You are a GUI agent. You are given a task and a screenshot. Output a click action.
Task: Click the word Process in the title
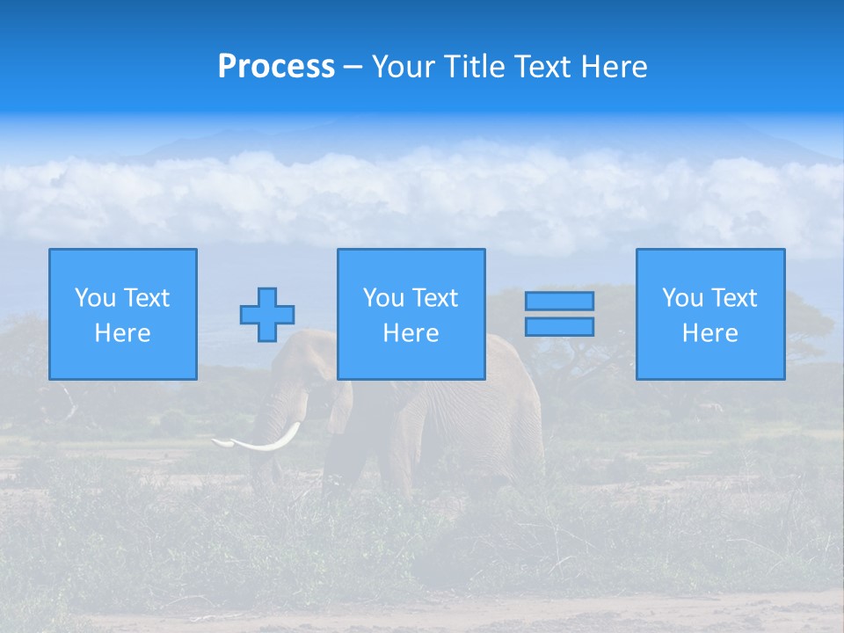click(x=276, y=67)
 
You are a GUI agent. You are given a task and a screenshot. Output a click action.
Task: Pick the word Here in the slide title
click(x=613, y=67)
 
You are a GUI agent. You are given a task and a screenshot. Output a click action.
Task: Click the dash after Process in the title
click(x=353, y=68)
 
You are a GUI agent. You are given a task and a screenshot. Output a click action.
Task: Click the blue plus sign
click(x=267, y=315)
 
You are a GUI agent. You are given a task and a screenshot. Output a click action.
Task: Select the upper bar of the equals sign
click(x=559, y=301)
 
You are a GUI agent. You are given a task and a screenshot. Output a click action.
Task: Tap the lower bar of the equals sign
click(x=559, y=326)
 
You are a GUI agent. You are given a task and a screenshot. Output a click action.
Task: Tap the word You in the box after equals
click(x=681, y=298)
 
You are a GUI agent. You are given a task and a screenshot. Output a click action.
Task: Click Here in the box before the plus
click(x=123, y=333)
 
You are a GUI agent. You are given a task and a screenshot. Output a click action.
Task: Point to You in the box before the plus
click(x=94, y=298)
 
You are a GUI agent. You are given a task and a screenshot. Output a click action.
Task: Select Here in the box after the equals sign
click(x=710, y=333)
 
